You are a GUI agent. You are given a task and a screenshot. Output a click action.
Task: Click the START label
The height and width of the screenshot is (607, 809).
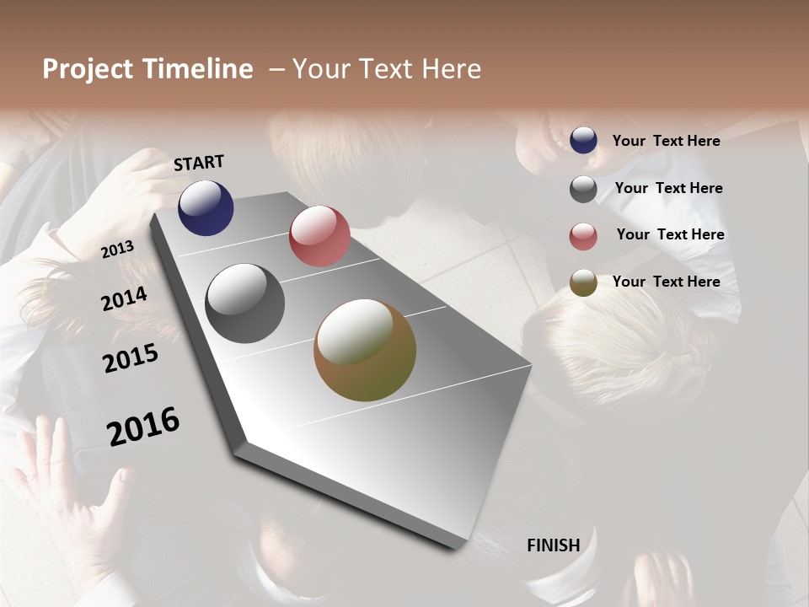click(x=199, y=163)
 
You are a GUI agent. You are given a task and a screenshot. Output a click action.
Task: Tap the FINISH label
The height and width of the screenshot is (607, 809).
click(x=554, y=545)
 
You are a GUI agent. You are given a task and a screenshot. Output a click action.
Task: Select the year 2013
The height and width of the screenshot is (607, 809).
click(x=117, y=250)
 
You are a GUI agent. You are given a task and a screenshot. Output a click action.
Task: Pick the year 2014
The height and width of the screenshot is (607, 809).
click(x=125, y=298)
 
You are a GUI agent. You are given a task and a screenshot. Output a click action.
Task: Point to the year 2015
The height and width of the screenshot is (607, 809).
click(x=131, y=358)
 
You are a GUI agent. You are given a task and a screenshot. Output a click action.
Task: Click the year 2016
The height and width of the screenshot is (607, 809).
click(x=143, y=427)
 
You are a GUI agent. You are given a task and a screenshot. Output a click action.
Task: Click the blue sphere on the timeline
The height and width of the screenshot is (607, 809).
click(x=206, y=207)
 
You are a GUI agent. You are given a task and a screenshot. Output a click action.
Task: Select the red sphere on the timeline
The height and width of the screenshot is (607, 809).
click(x=319, y=236)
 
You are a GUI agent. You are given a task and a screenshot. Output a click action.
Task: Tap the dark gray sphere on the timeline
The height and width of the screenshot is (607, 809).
click(x=244, y=303)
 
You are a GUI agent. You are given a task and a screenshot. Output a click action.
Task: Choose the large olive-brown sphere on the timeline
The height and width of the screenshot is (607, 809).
click(x=365, y=350)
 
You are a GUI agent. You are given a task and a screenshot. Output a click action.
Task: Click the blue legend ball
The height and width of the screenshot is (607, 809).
click(x=583, y=141)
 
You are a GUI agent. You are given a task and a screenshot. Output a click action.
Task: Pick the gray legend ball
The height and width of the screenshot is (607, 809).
click(x=583, y=189)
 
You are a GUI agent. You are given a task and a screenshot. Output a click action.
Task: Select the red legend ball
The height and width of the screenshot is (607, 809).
click(x=583, y=236)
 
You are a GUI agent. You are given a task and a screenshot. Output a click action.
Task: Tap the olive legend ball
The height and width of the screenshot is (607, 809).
click(x=583, y=283)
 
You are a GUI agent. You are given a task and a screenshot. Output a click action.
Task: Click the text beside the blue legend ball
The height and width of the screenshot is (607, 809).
click(x=666, y=141)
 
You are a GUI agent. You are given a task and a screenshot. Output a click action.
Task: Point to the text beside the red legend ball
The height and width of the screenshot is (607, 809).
click(x=670, y=234)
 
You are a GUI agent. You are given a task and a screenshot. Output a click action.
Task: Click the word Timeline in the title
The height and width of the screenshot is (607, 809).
click(x=196, y=69)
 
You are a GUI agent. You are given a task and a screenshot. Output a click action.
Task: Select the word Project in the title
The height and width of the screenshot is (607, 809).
click(x=87, y=69)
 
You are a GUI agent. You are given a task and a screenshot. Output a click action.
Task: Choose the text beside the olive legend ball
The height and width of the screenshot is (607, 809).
click(x=666, y=282)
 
